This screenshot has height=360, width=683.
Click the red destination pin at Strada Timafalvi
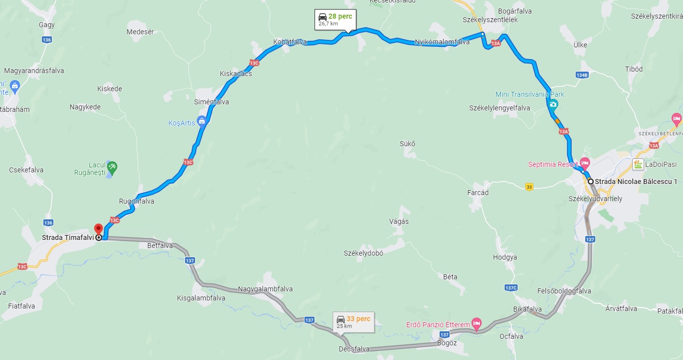(98, 228)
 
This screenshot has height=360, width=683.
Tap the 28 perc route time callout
(335, 19)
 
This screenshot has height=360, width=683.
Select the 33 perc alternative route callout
(353, 322)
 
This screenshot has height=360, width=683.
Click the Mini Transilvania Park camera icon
(553, 105)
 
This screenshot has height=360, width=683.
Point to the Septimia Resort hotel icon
(585, 162)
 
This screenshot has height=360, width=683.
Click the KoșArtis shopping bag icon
(202, 121)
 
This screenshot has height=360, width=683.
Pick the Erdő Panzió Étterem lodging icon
(476, 323)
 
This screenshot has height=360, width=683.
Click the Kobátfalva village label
(290, 42)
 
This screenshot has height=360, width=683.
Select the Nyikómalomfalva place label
(442, 42)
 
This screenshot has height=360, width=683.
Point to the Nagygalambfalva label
(265, 289)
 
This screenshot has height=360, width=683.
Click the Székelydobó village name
(363, 253)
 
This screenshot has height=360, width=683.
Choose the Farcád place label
(478, 193)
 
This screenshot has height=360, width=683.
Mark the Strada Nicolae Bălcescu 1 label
(636, 182)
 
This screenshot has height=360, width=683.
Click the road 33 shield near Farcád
(529, 186)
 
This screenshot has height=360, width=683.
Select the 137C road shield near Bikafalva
(511, 288)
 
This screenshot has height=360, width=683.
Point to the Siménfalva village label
(212, 102)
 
